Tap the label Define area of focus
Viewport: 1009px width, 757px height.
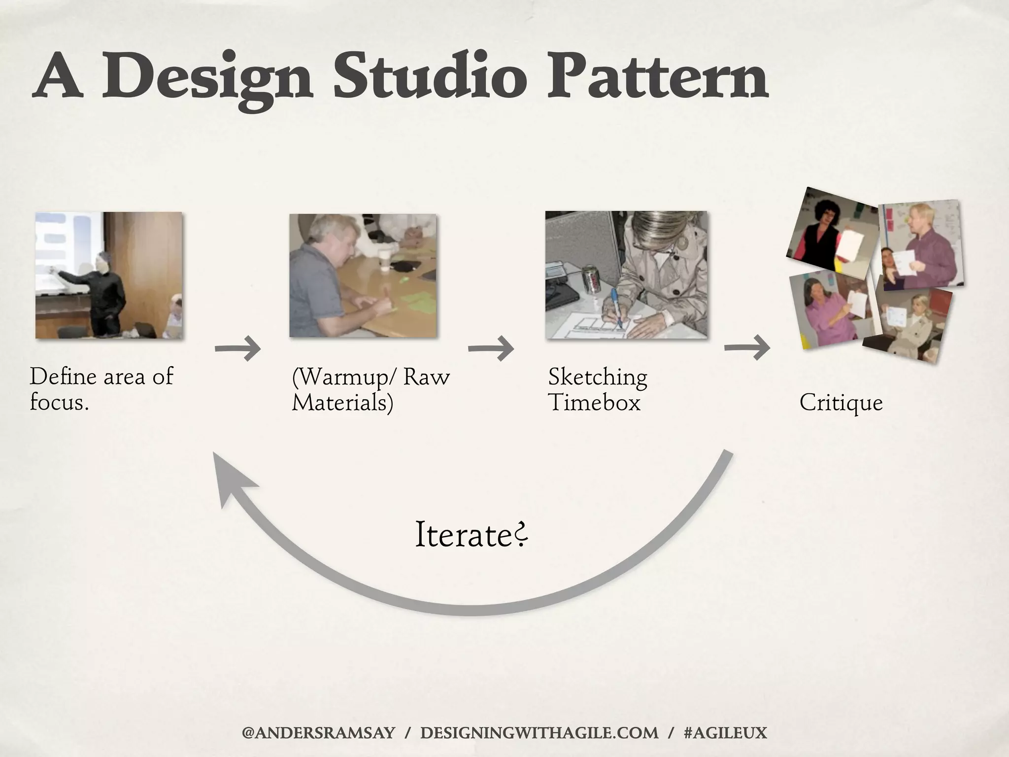pyautogui.click(x=101, y=389)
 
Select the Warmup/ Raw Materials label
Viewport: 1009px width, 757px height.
pyautogui.click(x=370, y=389)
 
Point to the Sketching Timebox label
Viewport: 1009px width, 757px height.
pyautogui.click(x=597, y=389)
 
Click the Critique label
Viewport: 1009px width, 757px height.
pyautogui.click(x=841, y=403)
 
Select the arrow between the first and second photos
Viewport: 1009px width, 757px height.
pyautogui.click(x=238, y=349)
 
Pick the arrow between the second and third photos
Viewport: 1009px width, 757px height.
pyautogui.click(x=491, y=348)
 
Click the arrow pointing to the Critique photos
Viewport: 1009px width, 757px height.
pyautogui.click(x=747, y=348)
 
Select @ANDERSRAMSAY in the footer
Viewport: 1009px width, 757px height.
pyautogui.click(x=318, y=733)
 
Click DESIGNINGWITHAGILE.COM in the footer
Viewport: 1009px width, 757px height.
pyautogui.click(x=539, y=733)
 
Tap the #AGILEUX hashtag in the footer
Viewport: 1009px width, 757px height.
pyautogui.click(x=725, y=733)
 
